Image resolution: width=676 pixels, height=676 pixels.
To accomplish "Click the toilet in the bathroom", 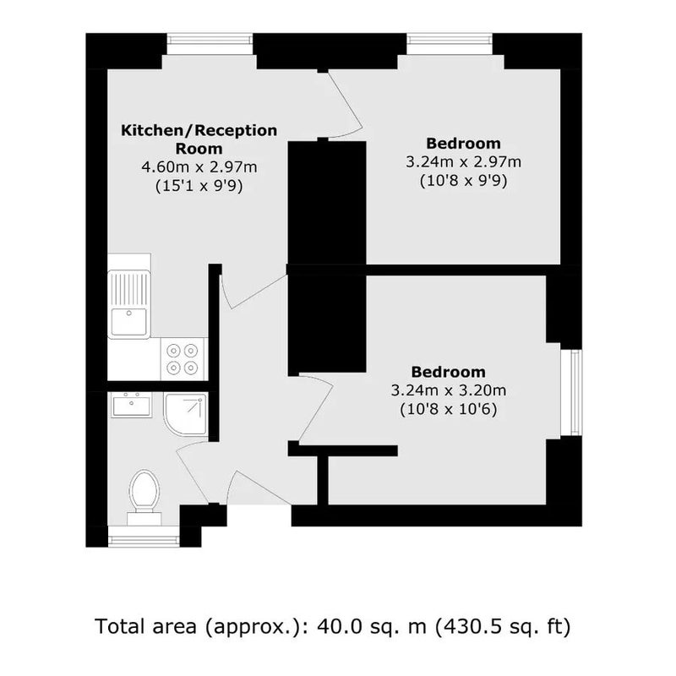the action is pos(144,497).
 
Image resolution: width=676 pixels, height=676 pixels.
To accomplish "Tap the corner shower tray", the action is pos(186,414).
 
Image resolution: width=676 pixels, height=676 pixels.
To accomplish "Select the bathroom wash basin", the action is pos(132,405).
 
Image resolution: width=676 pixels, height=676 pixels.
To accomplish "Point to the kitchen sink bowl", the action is pos(129,322).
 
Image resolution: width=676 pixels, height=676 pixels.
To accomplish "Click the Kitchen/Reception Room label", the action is pos(199,139).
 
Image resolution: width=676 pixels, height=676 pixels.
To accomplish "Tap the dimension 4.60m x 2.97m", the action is pos(199,166).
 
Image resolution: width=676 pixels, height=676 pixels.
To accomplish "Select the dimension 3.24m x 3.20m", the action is pos(449,390).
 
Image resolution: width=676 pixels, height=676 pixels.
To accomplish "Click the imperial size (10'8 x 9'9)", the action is pos(463,180).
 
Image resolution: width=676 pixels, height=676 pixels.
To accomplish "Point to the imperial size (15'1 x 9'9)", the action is pos(199,186).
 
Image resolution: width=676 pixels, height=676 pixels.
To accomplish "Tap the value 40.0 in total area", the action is pos(335,626).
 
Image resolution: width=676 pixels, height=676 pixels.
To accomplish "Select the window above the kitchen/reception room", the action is pos(210,44).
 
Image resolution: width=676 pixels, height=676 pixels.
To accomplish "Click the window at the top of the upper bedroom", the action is pos(450,44).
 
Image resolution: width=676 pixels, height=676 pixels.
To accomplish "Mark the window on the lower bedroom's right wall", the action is pos(572,392).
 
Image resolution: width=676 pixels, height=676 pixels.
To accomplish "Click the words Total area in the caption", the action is pos(145,626).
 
